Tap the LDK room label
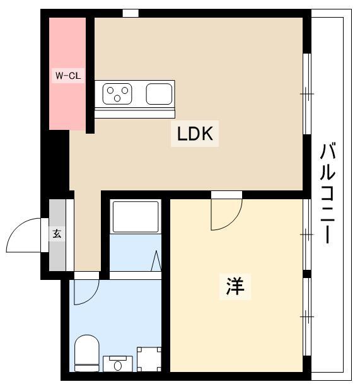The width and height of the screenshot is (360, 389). point(195,134)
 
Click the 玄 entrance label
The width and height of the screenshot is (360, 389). point(57,234)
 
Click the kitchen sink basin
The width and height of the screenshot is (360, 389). point(159,94)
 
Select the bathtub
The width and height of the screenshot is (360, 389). point(135,217)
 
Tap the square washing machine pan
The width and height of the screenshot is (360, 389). point(149,360)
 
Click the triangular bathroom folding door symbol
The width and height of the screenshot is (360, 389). point(156,261)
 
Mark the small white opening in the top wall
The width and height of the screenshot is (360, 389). point(131,13)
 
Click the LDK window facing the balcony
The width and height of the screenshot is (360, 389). point(307,94)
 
